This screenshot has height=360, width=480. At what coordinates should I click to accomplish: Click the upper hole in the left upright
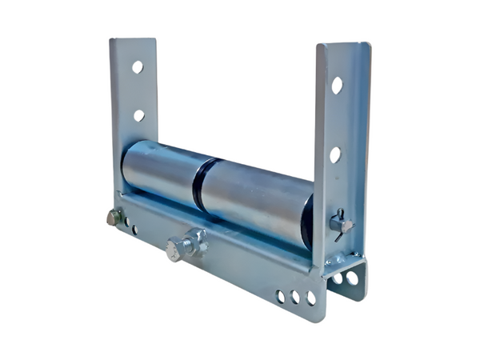click(137, 67)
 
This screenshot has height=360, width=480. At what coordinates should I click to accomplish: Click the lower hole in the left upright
click(138, 115)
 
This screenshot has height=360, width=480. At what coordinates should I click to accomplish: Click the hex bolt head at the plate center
click(174, 251)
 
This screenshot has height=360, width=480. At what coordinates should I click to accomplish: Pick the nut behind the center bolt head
click(192, 243)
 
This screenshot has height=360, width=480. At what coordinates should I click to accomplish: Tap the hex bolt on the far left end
click(114, 217)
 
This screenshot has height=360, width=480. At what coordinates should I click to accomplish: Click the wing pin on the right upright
click(341, 226)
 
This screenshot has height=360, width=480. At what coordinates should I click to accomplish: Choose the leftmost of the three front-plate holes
click(280, 297)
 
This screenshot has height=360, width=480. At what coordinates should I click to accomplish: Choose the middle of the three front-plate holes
click(295, 298)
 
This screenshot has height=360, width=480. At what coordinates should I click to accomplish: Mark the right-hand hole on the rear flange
click(352, 278)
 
